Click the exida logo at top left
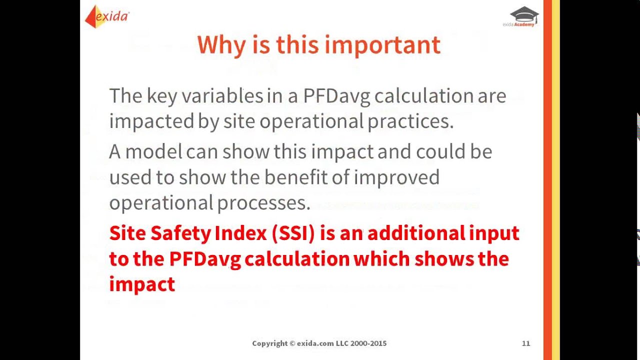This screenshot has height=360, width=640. click(107, 16)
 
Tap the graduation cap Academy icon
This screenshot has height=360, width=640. click(523, 14)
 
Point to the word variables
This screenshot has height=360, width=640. click(222, 95)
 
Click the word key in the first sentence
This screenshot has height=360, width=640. click(161, 95)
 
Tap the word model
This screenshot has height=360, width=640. click(153, 151)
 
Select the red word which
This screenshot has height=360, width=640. click(381, 259)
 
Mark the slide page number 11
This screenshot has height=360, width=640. click(526, 343)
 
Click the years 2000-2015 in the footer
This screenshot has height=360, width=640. click(368, 343)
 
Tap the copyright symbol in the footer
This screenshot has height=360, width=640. click(292, 343)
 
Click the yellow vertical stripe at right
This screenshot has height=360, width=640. click(555, 180)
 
